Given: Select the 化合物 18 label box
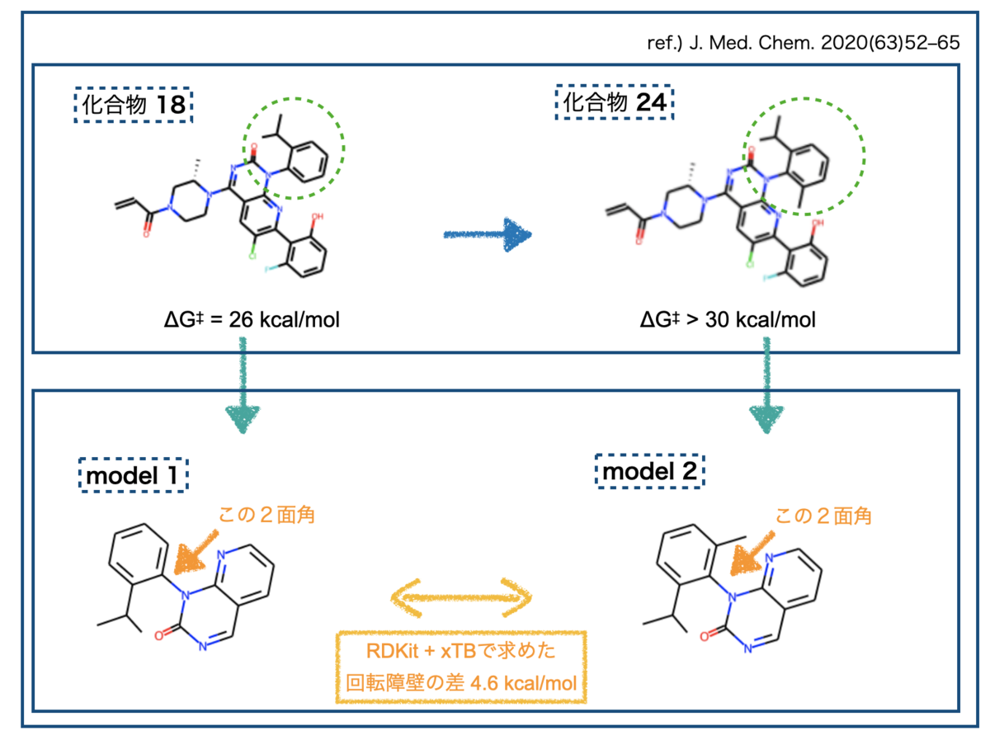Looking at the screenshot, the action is (133, 105).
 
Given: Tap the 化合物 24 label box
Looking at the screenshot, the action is (614, 102).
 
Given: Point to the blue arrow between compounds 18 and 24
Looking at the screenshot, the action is (487, 234).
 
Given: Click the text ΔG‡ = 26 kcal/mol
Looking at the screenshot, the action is (252, 319).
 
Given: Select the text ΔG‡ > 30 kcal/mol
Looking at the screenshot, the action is (727, 319).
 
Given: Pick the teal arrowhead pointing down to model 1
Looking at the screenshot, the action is (243, 418).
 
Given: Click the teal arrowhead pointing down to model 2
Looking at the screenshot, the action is (766, 418).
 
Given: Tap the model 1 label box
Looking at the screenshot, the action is (133, 475).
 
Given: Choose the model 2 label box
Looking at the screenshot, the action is (649, 471).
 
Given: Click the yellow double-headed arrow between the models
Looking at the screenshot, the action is (461, 598).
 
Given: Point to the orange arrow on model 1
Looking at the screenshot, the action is (196, 552).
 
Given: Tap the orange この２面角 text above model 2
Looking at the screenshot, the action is (823, 516).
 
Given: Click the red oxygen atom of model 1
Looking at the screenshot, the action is (158, 636).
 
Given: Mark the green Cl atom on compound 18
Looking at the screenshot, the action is (252, 256).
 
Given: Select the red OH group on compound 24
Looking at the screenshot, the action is (818, 223).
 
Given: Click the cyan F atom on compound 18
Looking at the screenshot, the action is (267, 270).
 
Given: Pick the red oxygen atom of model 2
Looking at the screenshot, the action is (704, 637).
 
